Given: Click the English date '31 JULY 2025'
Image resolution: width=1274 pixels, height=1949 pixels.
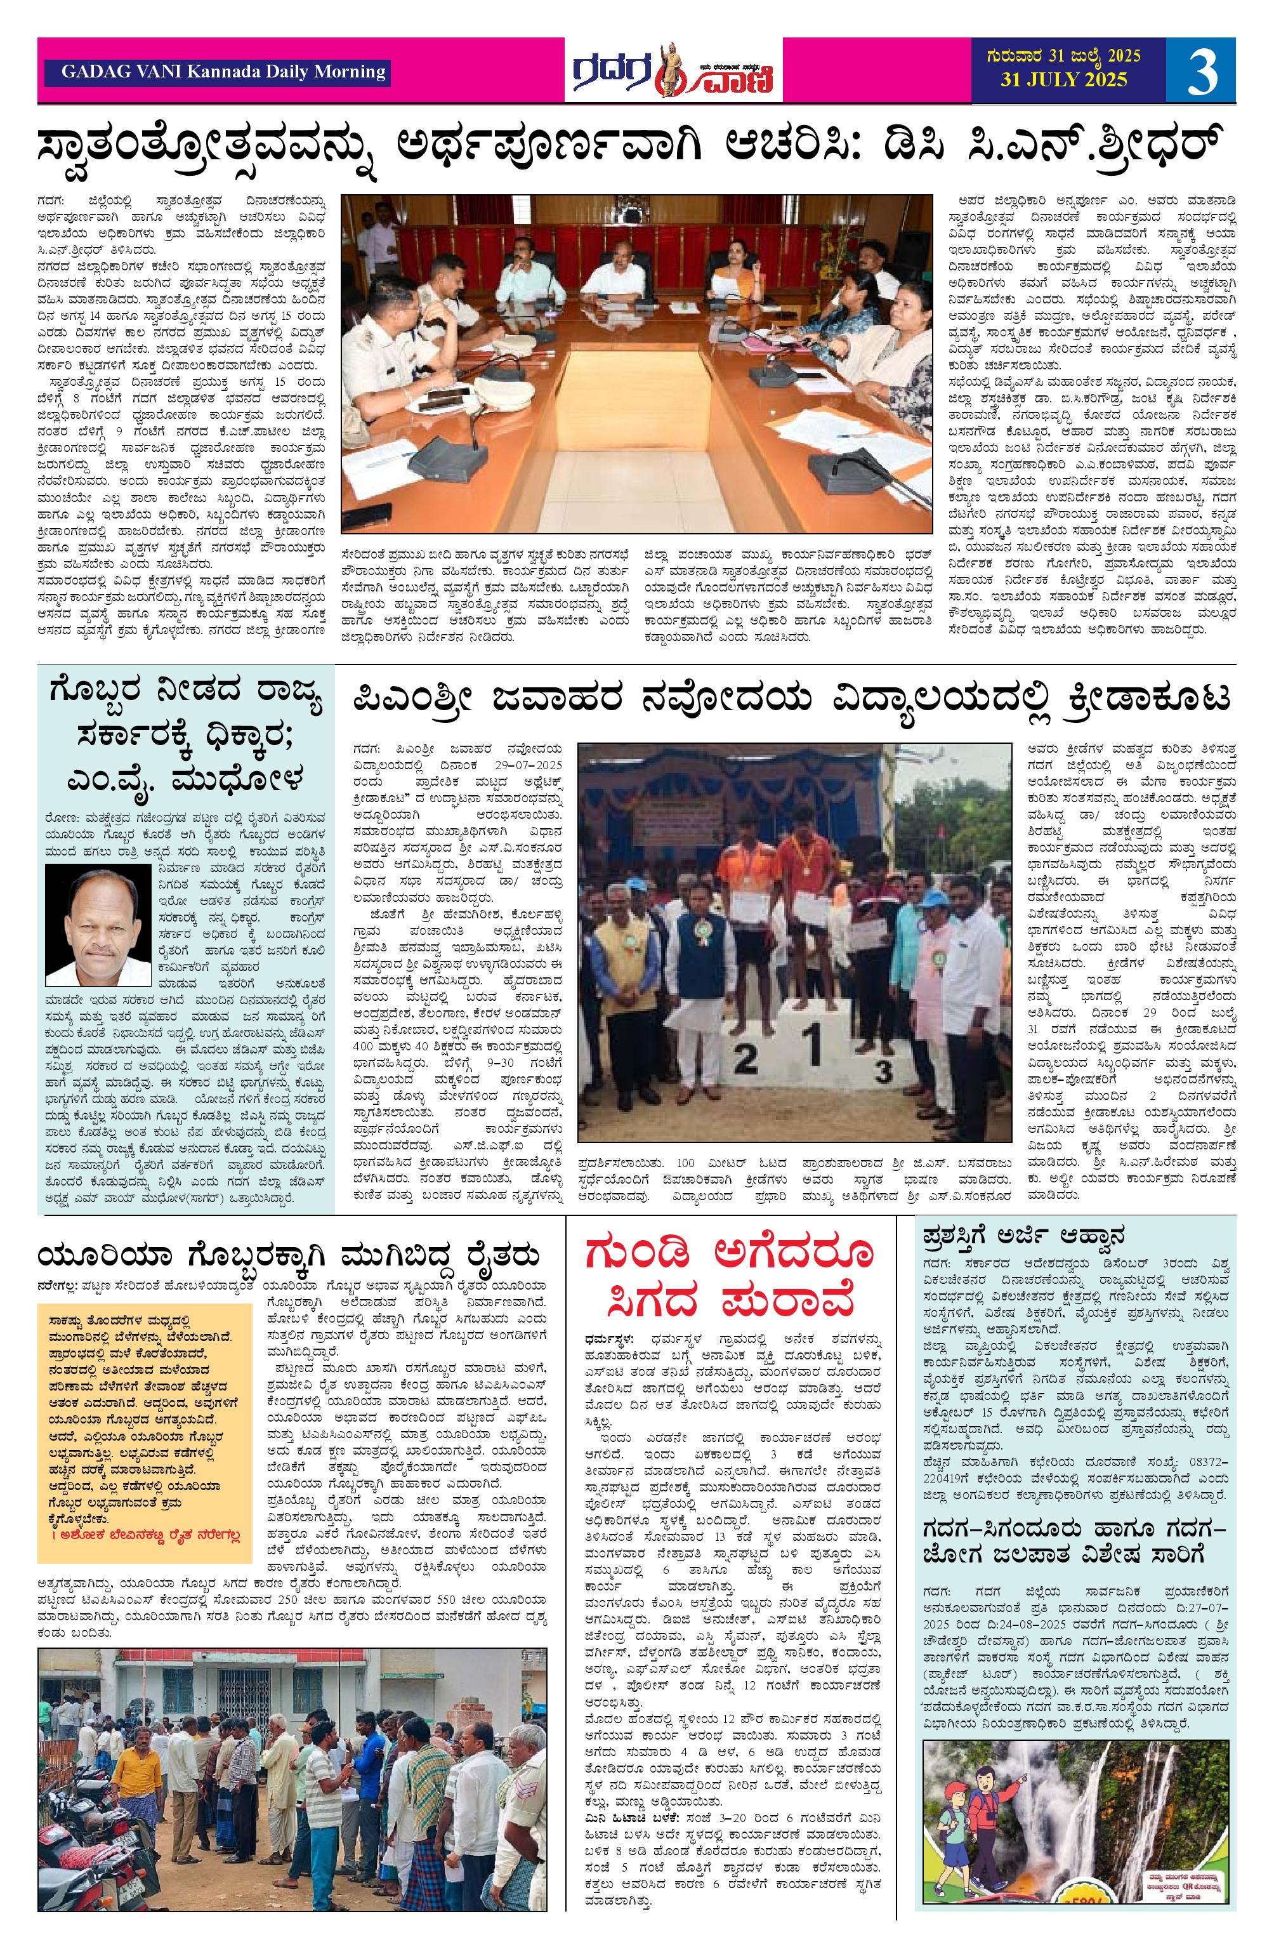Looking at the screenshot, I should click(1063, 80).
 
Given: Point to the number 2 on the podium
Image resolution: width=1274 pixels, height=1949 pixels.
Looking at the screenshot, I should click(744, 1060).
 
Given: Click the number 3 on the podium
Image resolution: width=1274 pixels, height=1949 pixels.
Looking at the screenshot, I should click(883, 1069).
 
